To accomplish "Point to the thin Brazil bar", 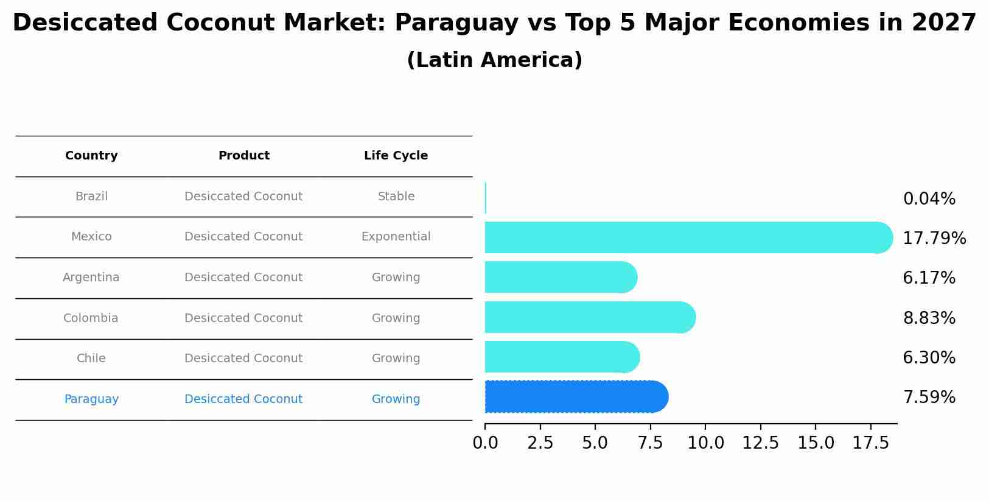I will tap(486, 198).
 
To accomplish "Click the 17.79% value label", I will tap(934, 239).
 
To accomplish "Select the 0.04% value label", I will tap(929, 199).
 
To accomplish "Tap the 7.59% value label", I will tap(929, 398).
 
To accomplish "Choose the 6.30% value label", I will tap(929, 358).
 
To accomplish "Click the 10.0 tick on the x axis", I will tap(705, 443).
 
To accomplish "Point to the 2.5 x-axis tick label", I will tap(540, 443).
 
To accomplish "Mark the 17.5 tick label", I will tap(871, 443).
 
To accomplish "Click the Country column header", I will tap(91, 156).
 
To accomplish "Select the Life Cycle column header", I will tap(396, 156).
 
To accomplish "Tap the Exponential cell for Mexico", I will tap(396, 237).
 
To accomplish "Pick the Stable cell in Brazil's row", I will tap(396, 197).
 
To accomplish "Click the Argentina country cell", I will tap(91, 278).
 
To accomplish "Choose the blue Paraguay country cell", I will tap(91, 399).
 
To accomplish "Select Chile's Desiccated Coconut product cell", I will tap(243, 359).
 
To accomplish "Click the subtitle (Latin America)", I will tap(494, 60).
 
